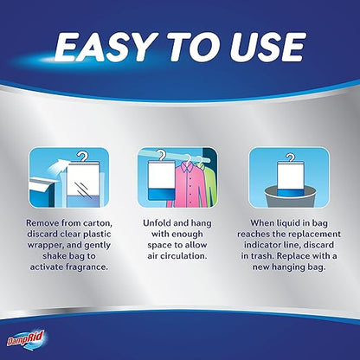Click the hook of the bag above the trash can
tap(290, 157)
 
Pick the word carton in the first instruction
tap(98, 223)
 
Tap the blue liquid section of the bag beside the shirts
tap(162, 193)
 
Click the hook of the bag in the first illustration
tap(83, 157)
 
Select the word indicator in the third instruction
tap(262, 245)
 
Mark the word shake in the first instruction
tap(55, 256)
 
